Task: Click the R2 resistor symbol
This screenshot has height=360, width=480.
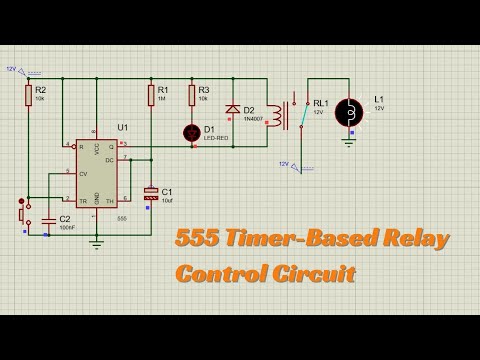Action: (x=27, y=95)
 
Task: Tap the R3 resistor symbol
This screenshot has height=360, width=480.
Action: (x=192, y=96)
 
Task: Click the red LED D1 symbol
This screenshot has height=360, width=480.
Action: (x=192, y=131)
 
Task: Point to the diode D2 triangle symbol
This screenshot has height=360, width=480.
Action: (x=233, y=109)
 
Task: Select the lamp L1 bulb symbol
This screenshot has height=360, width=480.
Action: (x=350, y=113)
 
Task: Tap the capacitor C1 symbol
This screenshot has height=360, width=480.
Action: (x=151, y=192)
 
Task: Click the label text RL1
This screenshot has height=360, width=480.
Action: (x=320, y=102)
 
